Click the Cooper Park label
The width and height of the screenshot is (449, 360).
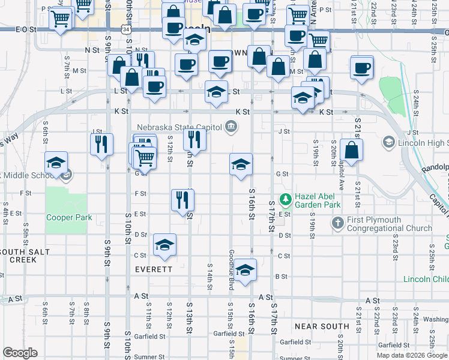69,217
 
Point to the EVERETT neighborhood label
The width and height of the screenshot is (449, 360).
153,269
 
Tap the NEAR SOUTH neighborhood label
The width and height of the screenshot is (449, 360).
322,326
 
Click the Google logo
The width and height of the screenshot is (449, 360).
20,353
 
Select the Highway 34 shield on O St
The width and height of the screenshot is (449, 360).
124,28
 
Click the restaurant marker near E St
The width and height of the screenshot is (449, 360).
182,199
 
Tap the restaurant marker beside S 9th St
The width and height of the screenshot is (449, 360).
101,143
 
